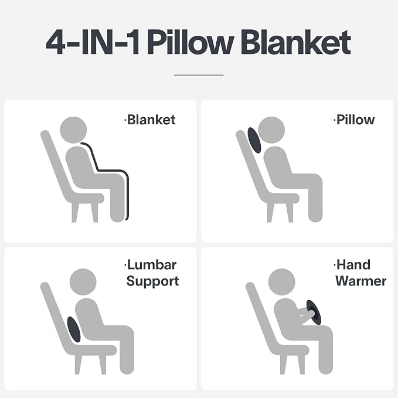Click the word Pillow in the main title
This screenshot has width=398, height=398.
tap(191, 42)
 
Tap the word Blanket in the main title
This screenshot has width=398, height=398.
tap(295, 42)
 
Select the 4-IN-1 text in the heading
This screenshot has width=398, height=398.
tap(93, 42)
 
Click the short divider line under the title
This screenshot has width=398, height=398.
tap(199, 76)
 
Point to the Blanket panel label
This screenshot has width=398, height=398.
tap(149, 120)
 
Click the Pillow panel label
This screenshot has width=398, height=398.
tap(354, 120)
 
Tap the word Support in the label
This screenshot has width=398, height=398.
tap(152, 281)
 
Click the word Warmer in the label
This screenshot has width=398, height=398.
tap(360, 281)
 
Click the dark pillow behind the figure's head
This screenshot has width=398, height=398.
tap(254, 140)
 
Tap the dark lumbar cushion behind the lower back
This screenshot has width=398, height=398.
tap(74, 329)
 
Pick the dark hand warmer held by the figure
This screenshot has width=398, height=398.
tap(314, 312)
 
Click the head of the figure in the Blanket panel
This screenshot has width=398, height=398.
tap(73, 130)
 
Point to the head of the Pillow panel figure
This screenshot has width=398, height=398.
tap(271, 130)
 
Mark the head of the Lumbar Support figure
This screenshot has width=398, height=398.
tap(83, 282)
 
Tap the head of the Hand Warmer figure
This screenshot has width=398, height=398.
tap(282, 282)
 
